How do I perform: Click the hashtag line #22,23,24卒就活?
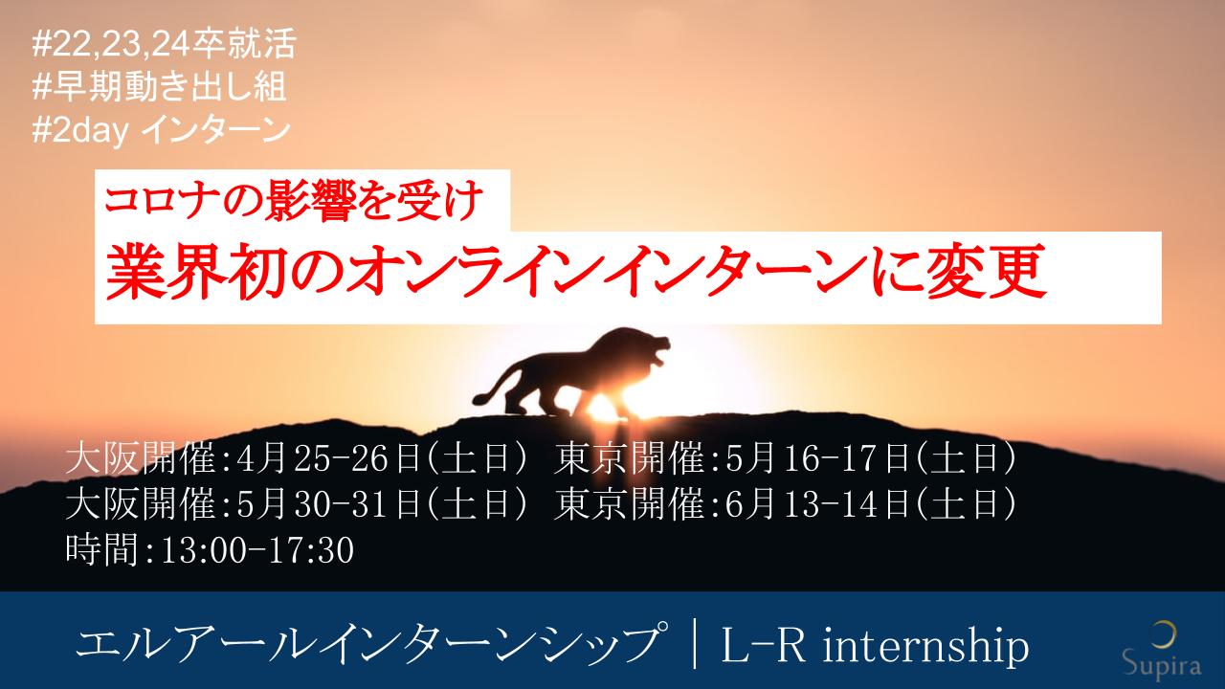point(164,44)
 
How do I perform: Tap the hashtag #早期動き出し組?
point(159,86)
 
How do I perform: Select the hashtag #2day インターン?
point(161,130)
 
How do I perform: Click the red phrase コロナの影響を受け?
point(294,200)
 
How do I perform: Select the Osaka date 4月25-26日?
point(328,458)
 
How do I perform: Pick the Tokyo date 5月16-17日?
point(817,458)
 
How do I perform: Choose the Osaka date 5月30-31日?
point(328,503)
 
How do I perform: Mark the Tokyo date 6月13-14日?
point(817,503)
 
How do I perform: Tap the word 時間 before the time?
point(101,549)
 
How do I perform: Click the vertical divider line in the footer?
point(695,643)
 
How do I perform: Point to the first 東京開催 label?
point(629,458)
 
